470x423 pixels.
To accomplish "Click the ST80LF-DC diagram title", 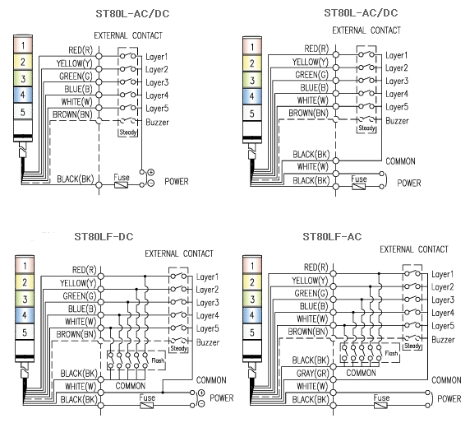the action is [104, 236].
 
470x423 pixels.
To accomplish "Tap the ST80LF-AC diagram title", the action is [332, 236].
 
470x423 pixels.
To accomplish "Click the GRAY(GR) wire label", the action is [312, 374].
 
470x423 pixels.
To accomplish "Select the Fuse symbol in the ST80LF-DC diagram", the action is [147, 405].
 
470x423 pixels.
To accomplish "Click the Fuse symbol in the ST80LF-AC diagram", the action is [380, 405].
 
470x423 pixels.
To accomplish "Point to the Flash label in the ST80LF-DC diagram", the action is [158, 360].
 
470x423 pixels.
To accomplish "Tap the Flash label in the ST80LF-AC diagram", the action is [391, 353].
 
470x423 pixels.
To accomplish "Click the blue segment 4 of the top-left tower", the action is [23, 95].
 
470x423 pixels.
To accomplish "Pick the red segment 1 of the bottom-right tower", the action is [252, 266].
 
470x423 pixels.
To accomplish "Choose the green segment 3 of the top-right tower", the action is [252, 81].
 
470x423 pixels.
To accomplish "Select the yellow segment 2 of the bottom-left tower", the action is [25, 282].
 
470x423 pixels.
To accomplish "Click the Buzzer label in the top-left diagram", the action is [158, 122].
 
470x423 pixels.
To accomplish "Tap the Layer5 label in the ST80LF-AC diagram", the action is [443, 326].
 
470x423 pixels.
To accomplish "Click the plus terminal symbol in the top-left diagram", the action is [150, 172].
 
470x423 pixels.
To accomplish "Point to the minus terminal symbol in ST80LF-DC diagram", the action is [201, 404].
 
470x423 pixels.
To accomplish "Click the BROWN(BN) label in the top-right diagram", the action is [308, 114].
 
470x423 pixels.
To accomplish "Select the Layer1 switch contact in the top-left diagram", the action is [127, 55].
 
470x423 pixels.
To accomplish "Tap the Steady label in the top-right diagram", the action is [366, 128].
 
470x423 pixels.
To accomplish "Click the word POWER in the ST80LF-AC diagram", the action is [449, 398].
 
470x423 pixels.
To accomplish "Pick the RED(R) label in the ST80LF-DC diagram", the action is [85, 270].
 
